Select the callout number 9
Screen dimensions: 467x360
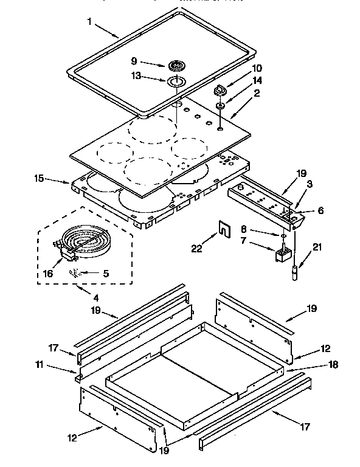pos(135,61)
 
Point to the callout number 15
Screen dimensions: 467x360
pos(40,179)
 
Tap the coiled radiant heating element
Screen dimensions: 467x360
pos(86,243)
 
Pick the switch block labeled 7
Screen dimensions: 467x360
pos(283,253)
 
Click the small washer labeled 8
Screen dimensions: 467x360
pos(283,236)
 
